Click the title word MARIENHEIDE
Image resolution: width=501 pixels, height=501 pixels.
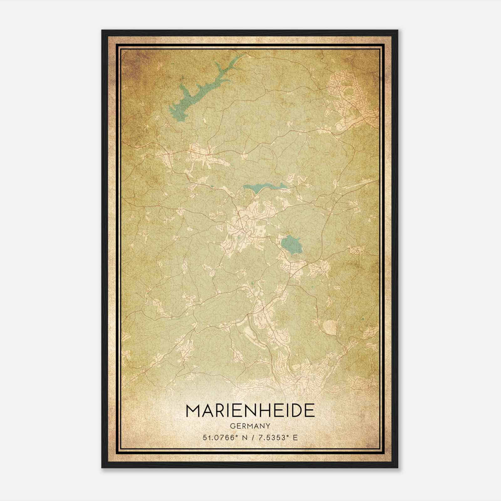tap(250, 410)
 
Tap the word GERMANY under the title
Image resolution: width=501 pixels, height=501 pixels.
tap(250, 426)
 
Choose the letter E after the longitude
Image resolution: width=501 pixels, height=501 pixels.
tap(295, 437)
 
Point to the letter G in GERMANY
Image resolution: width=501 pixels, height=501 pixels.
tap(232, 426)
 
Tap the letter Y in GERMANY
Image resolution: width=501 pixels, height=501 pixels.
tap(268, 426)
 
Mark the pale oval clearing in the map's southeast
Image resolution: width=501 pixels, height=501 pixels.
tap(329, 326)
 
